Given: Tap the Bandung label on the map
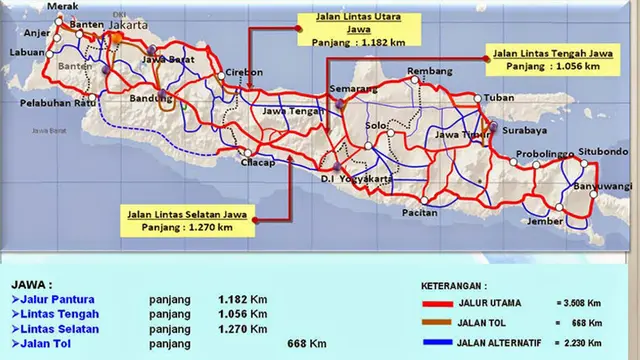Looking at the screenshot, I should coord(151,100).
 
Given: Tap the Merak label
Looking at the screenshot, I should coord(34,6).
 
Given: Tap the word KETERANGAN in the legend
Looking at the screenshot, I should coord(457,283).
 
